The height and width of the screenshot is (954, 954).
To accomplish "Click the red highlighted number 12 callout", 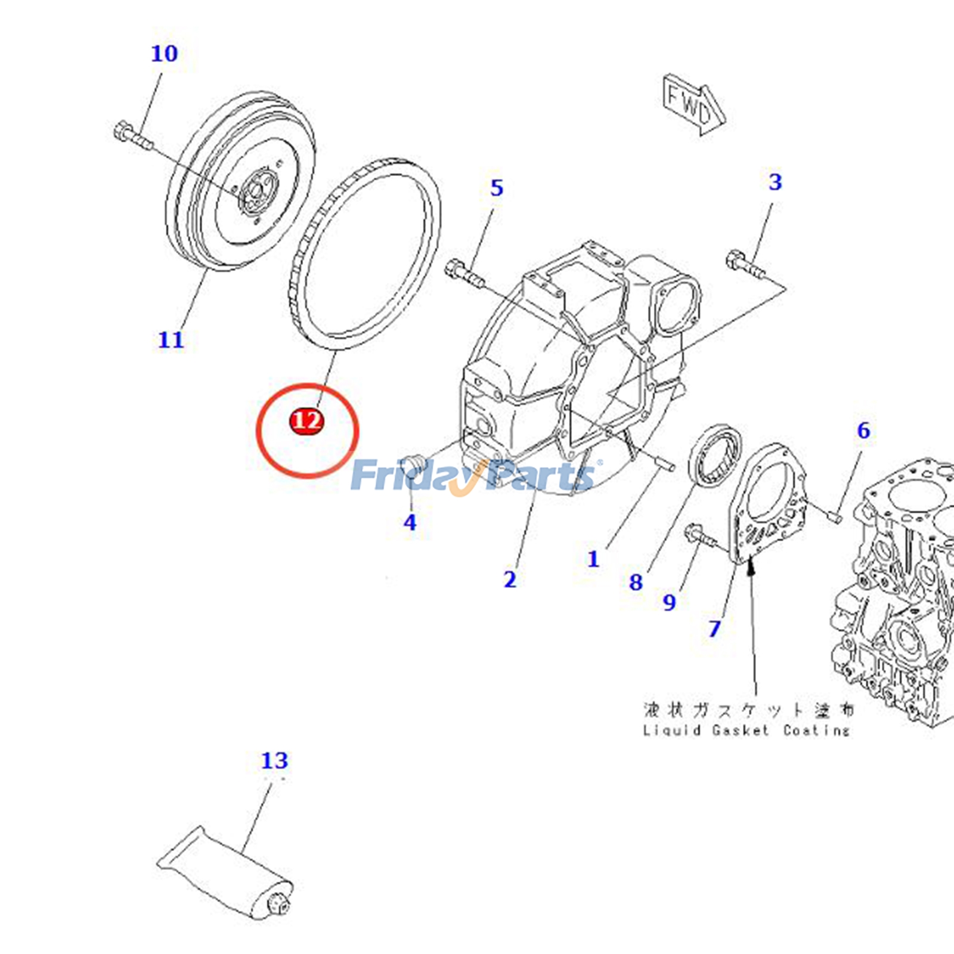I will pos(306,421).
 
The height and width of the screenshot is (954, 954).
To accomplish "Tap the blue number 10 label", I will pos(164,54).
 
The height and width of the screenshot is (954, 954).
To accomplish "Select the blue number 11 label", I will pos(171,340).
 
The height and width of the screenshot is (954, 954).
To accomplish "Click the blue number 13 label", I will pos(274,761).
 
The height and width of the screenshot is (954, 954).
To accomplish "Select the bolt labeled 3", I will pos(744,265).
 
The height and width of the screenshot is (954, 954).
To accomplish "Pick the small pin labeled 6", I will pos(835,513).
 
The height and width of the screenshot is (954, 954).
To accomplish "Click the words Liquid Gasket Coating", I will pos(747,730).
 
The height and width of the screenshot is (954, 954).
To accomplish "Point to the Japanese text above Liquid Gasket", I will pos(748,710).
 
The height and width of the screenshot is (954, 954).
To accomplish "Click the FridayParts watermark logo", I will pos(474,475).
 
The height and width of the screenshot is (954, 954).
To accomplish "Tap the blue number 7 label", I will pos(714,628).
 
